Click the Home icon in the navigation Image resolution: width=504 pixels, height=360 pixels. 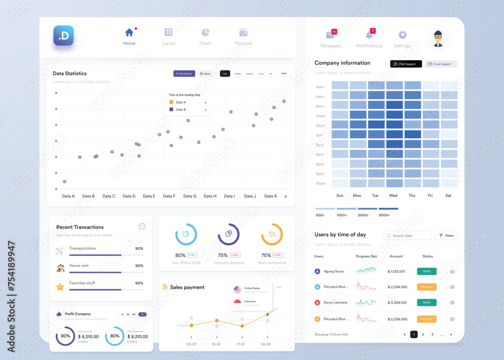pos(129,32)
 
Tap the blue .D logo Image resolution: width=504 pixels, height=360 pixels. pos(64,36)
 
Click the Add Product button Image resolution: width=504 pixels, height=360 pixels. pos(184,74)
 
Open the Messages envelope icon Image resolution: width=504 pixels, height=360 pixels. pos(330,35)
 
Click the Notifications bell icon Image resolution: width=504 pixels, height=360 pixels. pos(369,35)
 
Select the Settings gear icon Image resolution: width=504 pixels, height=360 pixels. pos(402,35)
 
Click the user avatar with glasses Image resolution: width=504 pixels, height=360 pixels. pos(438,38)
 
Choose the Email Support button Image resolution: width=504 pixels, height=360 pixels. pos(441,64)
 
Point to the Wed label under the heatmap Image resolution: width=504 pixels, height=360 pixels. pos(393,196)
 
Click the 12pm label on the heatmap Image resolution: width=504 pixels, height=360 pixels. pos(320,126)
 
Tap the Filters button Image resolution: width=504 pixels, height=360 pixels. pos(446,235)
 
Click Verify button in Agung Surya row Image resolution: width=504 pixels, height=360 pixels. pos(426,271)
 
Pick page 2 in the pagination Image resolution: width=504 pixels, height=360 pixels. pos(423,334)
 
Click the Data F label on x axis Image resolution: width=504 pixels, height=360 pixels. pos(169,196)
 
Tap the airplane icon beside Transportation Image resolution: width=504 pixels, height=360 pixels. pos(60,251)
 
